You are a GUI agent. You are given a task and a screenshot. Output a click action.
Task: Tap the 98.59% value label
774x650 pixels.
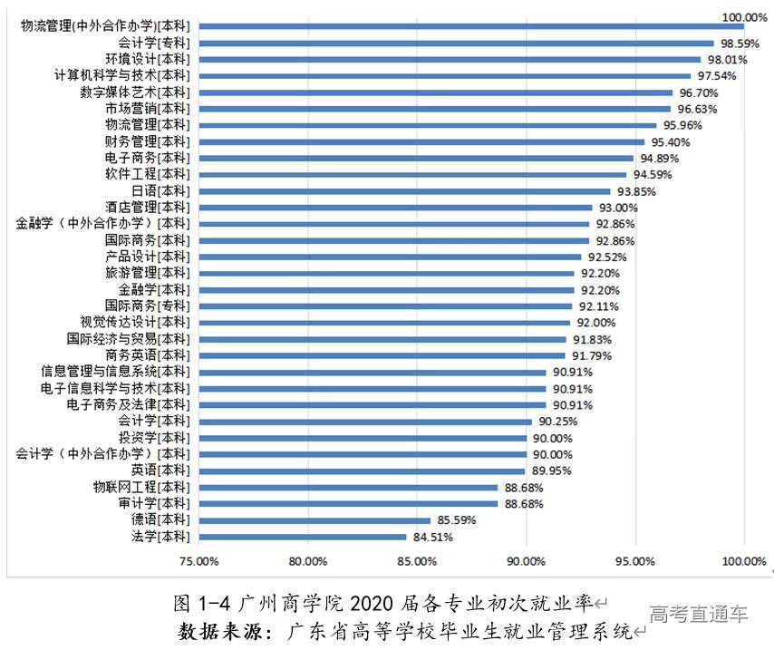[740, 43]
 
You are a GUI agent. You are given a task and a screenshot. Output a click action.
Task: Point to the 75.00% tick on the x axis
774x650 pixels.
[198, 561]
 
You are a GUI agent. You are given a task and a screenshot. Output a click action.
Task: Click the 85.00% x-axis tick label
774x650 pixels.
[416, 561]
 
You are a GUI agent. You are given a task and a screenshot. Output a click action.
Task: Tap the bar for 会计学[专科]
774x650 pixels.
[455, 43]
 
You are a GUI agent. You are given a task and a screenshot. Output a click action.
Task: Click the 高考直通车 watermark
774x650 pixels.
[698, 615]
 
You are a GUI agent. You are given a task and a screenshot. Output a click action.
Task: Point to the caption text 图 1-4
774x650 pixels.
[205, 603]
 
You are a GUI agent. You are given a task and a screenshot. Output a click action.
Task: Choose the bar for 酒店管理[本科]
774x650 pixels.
[394, 208]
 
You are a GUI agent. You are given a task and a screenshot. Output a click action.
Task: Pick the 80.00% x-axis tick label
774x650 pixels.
[307, 561]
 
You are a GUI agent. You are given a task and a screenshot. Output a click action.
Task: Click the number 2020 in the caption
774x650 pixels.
[380, 603]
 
